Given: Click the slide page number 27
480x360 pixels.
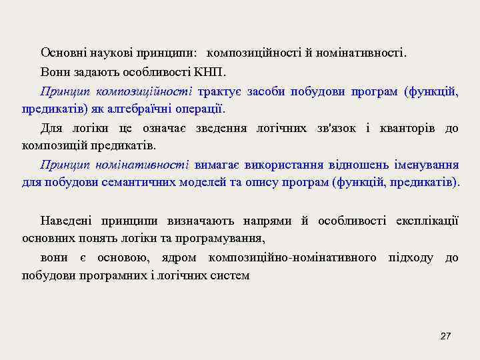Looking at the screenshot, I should coord(446,336).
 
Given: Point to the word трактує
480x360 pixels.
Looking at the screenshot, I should coord(220,91).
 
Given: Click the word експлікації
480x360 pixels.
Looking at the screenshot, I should coord(427,221).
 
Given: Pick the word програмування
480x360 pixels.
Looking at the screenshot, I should coord(226,238).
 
